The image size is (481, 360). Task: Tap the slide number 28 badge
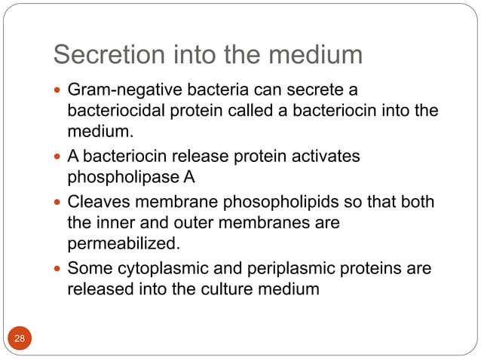tap(20, 338)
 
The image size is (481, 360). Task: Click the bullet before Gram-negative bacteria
tap(58, 92)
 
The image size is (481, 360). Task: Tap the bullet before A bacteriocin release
tap(58, 157)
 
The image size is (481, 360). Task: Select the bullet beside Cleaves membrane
tap(58, 203)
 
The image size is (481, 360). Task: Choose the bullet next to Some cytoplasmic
tap(58, 268)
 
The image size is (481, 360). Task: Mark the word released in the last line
tap(97, 288)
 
